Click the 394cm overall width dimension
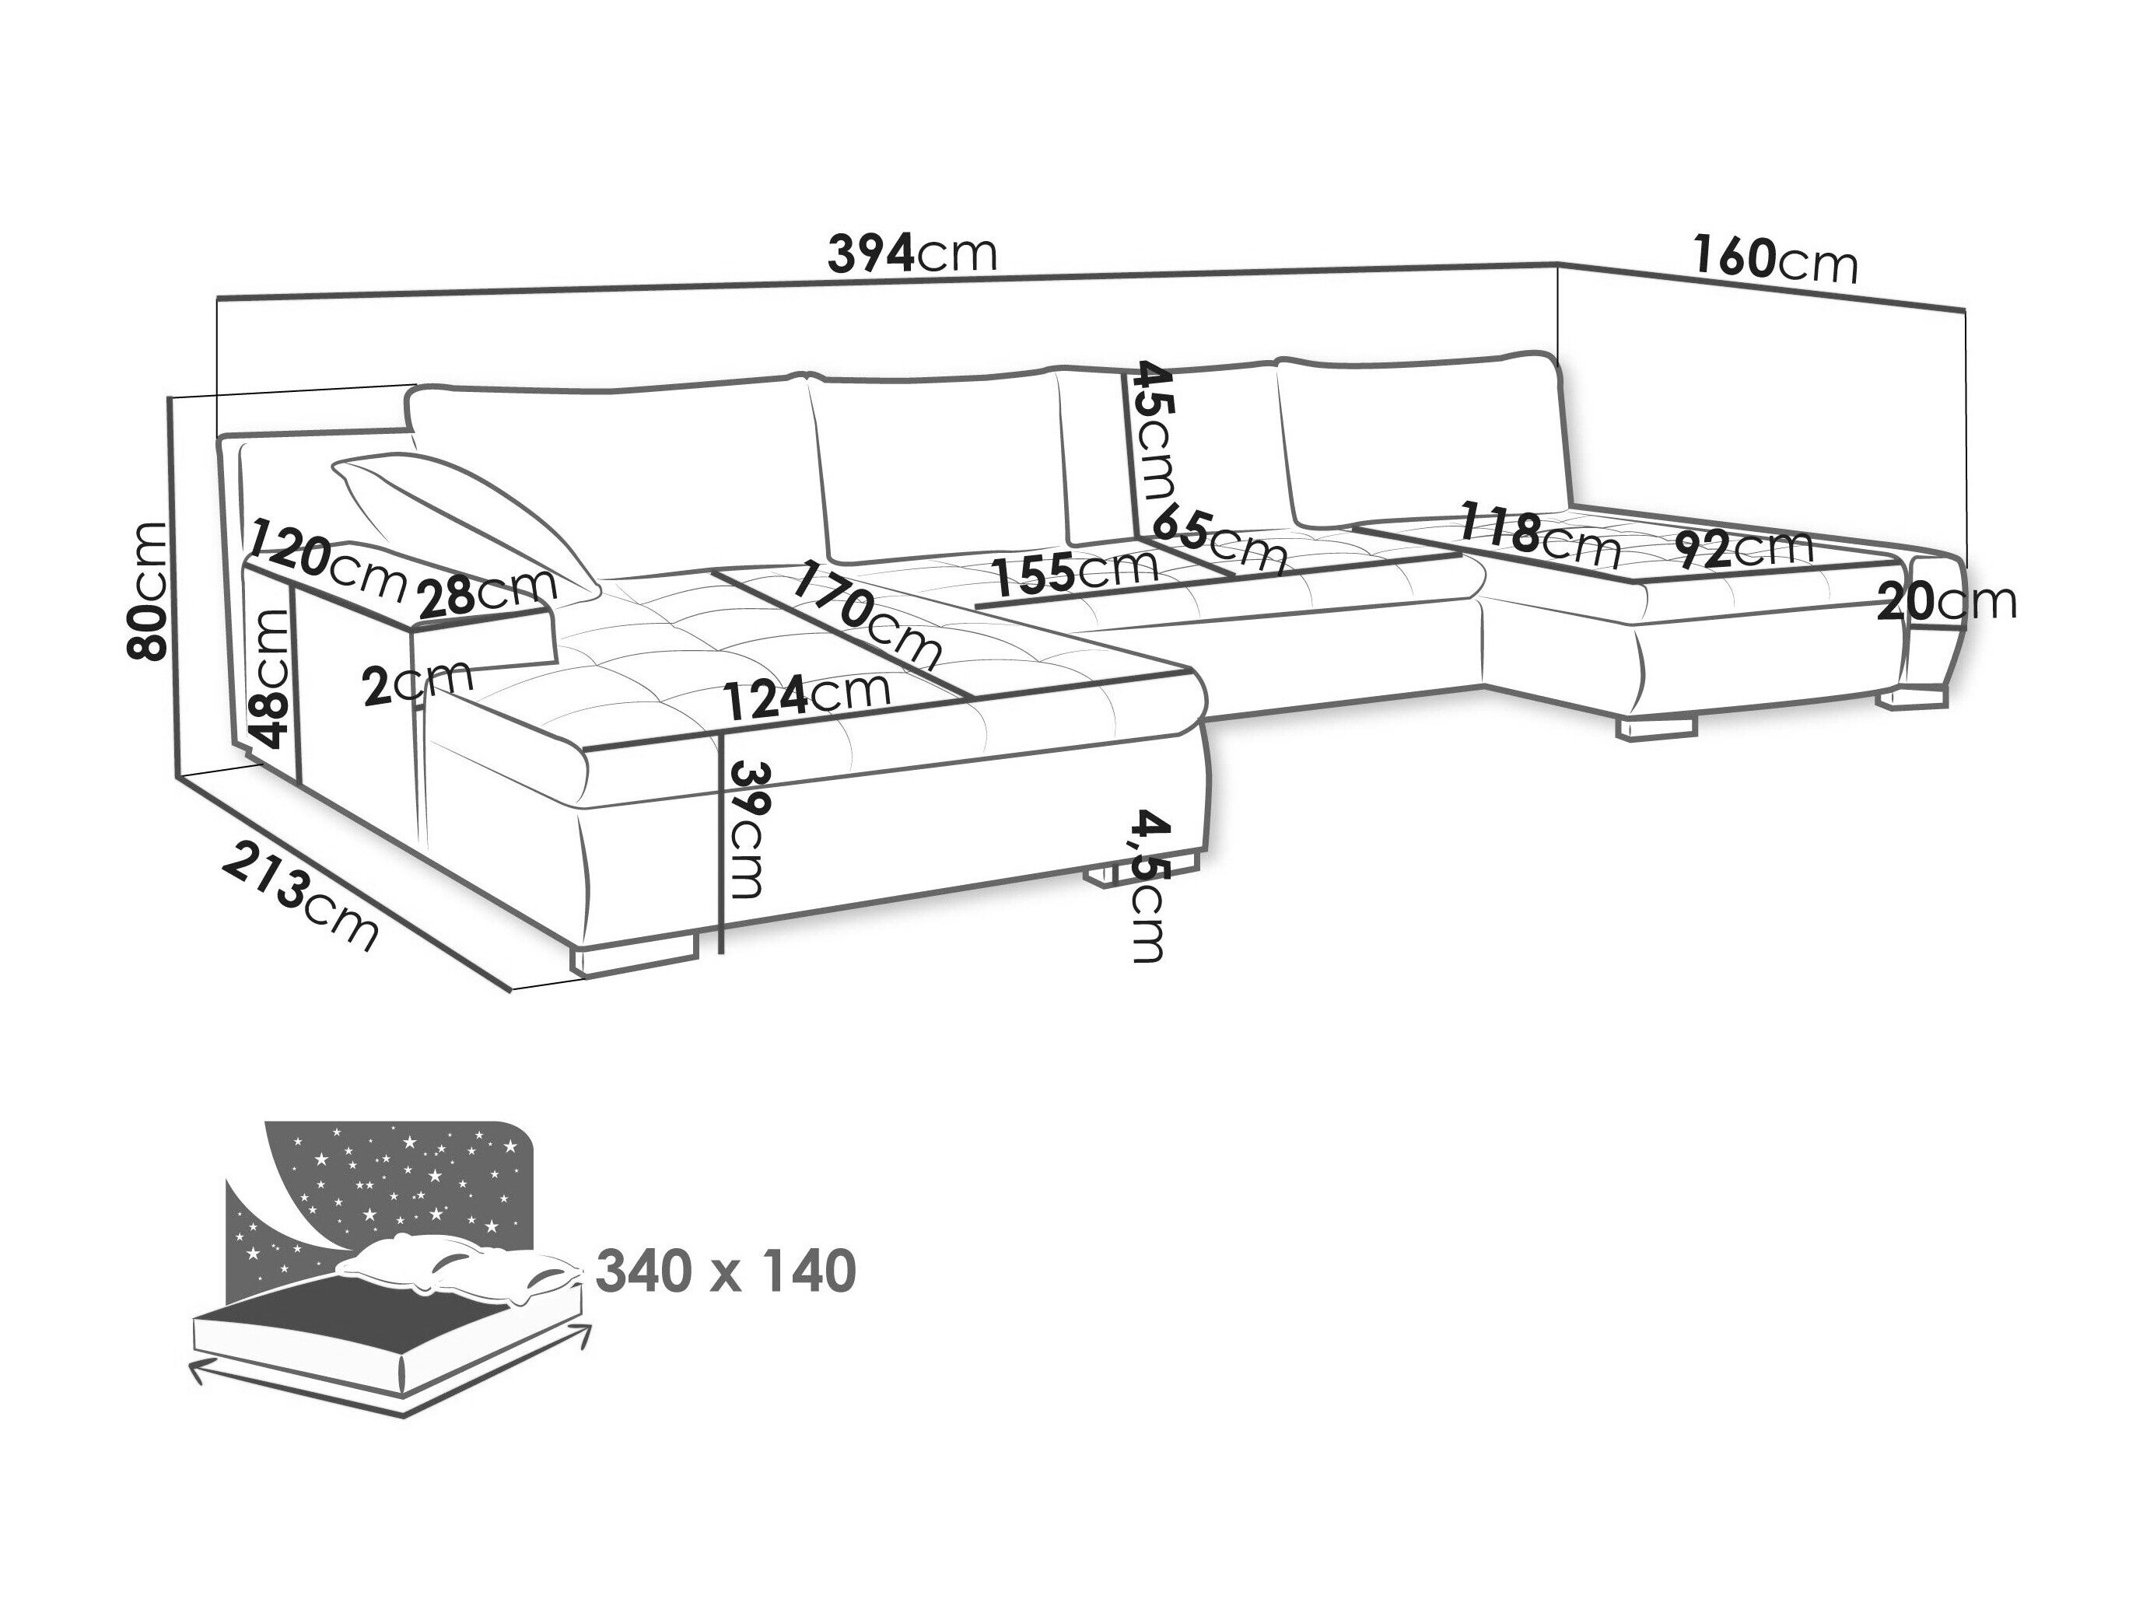912,254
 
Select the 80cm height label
148,590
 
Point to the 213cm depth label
300,894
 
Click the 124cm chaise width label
807,695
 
